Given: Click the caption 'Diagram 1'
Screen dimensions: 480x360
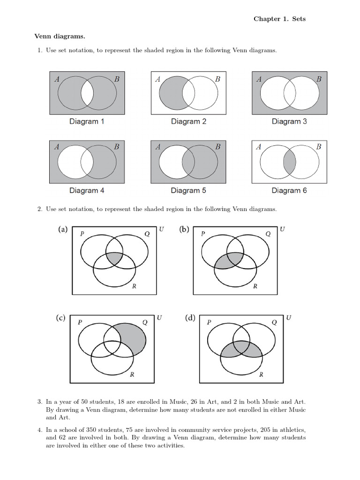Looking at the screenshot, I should (87, 122).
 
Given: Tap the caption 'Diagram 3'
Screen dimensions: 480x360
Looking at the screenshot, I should (289, 122).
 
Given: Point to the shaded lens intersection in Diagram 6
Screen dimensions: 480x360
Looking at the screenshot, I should (290, 162).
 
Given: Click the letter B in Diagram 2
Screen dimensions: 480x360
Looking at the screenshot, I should (217, 79).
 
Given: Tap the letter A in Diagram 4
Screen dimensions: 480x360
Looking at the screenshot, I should (57, 147).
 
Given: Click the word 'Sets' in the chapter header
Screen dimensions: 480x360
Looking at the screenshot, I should (299, 19).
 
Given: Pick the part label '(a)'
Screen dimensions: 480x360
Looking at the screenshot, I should (63, 230).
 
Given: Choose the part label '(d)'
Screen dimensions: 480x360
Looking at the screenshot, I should (190, 318).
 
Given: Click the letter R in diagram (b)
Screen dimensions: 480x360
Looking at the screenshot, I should (255, 286).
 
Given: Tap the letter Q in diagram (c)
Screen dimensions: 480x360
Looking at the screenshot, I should (144, 322).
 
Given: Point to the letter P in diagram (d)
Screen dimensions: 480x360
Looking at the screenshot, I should (209, 322).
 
